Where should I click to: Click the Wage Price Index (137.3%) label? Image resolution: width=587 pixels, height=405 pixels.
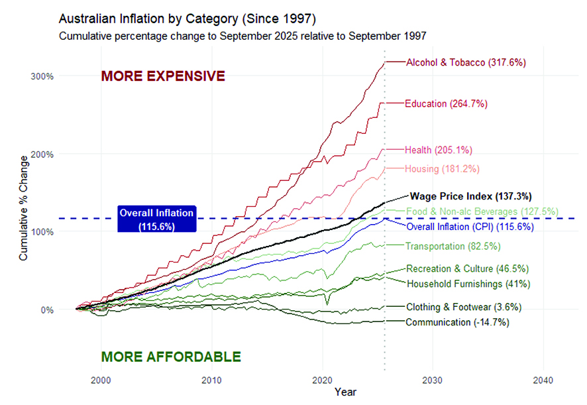[471, 196]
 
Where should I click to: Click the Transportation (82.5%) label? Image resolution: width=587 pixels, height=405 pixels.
[453, 247]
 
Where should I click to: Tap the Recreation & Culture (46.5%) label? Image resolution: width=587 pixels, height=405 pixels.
[467, 269]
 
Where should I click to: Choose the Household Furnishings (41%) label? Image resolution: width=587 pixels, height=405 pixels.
[468, 284]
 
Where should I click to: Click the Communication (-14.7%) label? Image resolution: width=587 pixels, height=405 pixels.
[458, 322]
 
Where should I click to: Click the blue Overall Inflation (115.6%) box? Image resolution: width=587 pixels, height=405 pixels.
[156, 219]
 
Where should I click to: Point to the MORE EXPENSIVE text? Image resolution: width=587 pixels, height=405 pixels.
[163, 76]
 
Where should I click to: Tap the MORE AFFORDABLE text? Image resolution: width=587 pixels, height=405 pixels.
[171, 357]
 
